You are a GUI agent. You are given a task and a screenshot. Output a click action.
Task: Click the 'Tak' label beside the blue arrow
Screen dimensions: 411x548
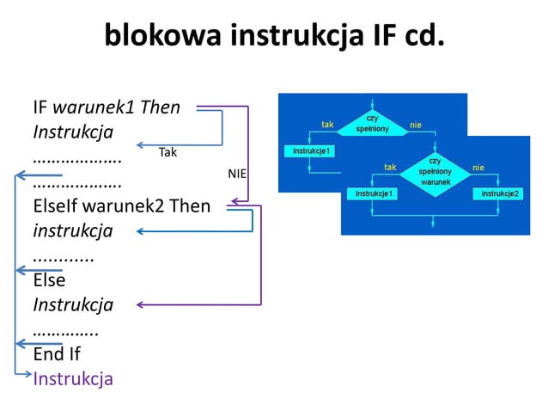coord(167,152)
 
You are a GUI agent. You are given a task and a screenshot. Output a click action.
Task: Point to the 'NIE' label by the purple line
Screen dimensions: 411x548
coord(236,174)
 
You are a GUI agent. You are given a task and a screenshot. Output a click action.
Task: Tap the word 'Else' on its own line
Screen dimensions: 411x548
coord(49,279)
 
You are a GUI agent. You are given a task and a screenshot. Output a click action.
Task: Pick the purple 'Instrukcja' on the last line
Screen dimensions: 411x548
coord(73,378)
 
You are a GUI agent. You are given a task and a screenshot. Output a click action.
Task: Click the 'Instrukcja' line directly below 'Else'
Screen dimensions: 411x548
coord(73,304)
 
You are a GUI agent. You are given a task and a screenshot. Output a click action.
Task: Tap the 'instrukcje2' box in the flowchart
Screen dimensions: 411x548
coord(500,194)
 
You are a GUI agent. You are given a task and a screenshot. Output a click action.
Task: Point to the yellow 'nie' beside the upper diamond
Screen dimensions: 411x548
coord(416,125)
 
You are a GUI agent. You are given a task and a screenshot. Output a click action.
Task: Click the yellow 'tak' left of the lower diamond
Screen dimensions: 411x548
coord(390,167)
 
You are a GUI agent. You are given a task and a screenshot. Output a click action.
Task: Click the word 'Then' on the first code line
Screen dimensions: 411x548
coord(160,108)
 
